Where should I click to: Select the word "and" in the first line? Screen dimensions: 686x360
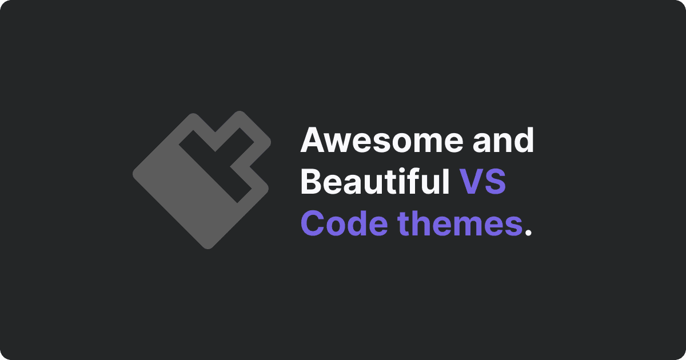tap(503, 139)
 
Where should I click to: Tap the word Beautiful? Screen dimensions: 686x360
tap(375, 181)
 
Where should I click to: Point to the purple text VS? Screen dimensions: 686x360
tap(482, 182)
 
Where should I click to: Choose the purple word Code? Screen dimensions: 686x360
tap(345, 223)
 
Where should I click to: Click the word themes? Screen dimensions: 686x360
tap(460, 223)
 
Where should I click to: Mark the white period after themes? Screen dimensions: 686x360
tap(528, 232)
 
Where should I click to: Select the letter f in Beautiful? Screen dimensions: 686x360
tap(421, 181)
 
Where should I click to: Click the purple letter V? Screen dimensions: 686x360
tap(471, 182)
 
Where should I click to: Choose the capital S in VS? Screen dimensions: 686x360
tap(496, 182)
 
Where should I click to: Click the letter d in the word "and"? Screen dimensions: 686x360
tap(524, 139)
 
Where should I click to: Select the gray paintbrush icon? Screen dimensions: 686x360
tap(202, 180)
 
